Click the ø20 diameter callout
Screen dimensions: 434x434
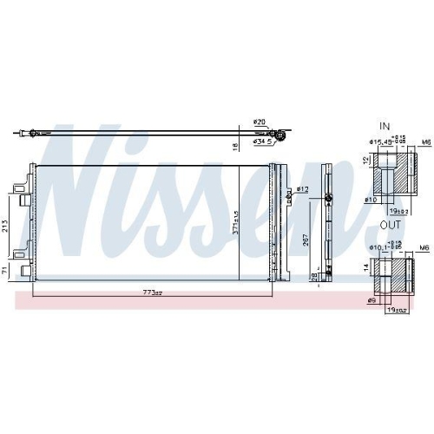[x=259, y=122]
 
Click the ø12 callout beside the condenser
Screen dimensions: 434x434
[x=302, y=188]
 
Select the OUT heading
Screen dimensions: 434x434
[x=388, y=225]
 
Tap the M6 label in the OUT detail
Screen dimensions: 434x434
[x=424, y=247]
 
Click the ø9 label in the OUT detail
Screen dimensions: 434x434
[x=372, y=300]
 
